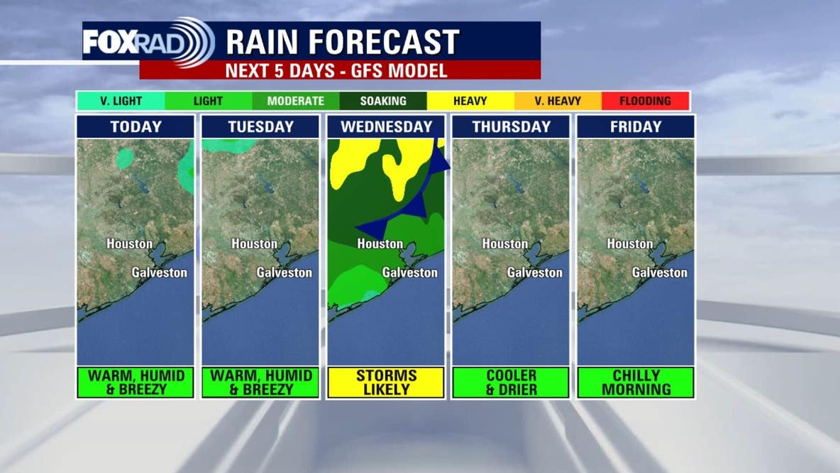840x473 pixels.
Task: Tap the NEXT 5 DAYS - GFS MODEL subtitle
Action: coord(336,70)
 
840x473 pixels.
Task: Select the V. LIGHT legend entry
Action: coord(121,101)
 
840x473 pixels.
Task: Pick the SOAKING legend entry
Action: coord(383,101)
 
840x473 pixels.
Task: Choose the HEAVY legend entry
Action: coord(470,101)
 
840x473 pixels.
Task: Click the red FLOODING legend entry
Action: coord(645,101)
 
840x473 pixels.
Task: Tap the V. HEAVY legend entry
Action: coord(558,101)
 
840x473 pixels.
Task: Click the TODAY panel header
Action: coord(136,127)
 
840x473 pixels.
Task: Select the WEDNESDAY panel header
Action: coord(386,127)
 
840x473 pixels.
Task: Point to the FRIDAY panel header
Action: coord(636,127)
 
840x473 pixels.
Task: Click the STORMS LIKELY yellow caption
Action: coord(386,382)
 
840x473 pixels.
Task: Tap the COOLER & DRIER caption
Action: coord(510,382)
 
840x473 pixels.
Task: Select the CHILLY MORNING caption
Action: coord(636,382)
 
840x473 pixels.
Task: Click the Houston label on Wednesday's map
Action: coord(380,244)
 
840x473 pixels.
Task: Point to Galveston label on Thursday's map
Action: coord(535,272)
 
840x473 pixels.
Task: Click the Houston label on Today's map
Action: coord(130,244)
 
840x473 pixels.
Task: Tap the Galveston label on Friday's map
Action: coord(660,272)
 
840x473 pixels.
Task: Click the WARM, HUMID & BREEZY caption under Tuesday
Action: coord(260,382)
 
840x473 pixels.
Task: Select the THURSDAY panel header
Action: coord(511,127)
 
